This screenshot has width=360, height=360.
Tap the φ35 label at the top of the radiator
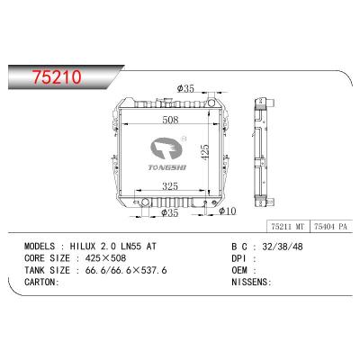click(186, 88)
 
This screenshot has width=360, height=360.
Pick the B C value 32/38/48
click(278, 245)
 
